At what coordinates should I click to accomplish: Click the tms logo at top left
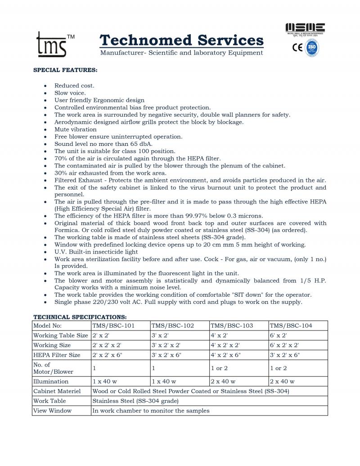click(52, 44)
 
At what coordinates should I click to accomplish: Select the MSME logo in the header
click(306, 29)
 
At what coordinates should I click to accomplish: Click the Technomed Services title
click(181, 40)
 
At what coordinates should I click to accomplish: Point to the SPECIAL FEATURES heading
click(66, 70)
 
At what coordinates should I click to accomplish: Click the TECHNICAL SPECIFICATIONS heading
click(80, 317)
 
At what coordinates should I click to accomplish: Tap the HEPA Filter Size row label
click(57, 355)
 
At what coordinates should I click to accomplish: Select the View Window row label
click(52, 411)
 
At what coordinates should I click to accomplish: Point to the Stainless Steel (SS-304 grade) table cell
click(135, 401)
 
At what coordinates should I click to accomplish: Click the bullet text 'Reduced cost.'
click(74, 86)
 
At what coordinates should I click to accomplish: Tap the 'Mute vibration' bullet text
click(76, 129)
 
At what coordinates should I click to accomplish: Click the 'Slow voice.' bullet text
click(70, 93)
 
